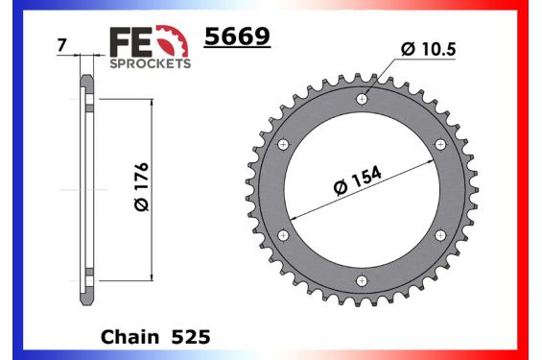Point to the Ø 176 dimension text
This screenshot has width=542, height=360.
[140, 188]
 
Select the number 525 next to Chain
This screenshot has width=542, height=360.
[190, 338]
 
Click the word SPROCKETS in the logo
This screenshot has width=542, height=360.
[152, 62]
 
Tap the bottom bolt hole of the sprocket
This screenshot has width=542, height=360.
[362, 280]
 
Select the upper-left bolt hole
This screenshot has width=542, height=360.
[282, 144]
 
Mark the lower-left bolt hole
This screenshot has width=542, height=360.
[282, 235]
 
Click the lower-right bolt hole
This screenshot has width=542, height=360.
[441, 235]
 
